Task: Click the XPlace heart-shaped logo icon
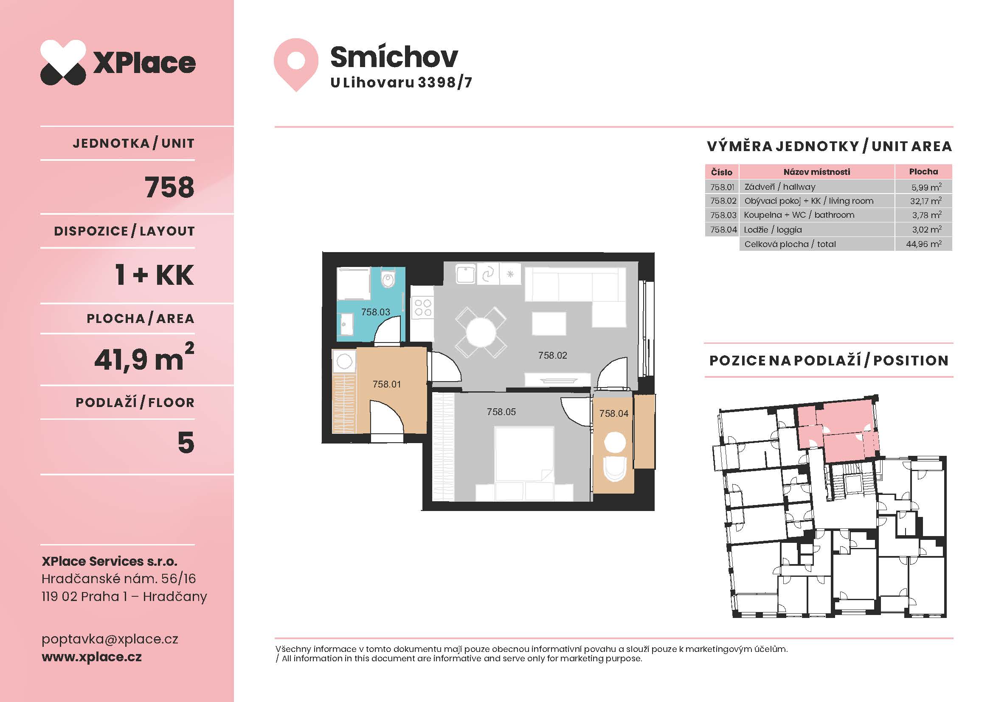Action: pyautogui.click(x=63, y=62)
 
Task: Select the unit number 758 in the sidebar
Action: pyautogui.click(x=169, y=187)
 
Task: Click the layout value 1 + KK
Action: pyautogui.click(x=155, y=275)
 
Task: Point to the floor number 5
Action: pyautogui.click(x=186, y=443)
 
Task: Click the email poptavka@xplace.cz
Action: pyautogui.click(x=110, y=639)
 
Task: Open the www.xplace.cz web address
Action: pyautogui.click(x=92, y=657)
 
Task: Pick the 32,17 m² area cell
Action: pyautogui.click(x=925, y=201)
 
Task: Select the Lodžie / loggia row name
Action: pyautogui.click(x=773, y=230)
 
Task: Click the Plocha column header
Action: pyautogui.click(x=923, y=171)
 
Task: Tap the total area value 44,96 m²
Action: pyautogui.click(x=924, y=244)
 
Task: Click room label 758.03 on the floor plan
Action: pyautogui.click(x=375, y=312)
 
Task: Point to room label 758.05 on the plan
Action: pyautogui.click(x=501, y=412)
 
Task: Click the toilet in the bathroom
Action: pyautogui.click(x=388, y=278)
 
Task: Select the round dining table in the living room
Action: pyautogui.click(x=481, y=332)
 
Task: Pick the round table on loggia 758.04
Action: pyautogui.click(x=614, y=443)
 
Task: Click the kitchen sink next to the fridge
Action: pyautogui.click(x=466, y=275)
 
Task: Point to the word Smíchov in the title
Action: pyautogui.click(x=394, y=56)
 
